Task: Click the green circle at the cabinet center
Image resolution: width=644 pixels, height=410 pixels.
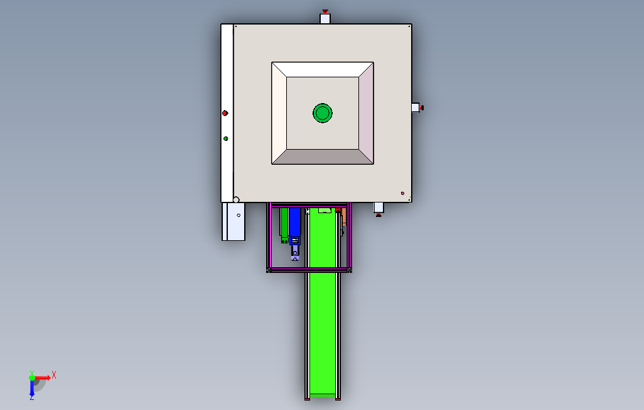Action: pyautogui.click(x=323, y=113)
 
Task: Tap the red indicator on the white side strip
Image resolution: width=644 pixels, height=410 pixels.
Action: pyautogui.click(x=225, y=113)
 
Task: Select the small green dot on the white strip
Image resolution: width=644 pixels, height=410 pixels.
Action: pyautogui.click(x=225, y=139)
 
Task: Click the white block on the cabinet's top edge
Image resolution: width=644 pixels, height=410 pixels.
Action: pyautogui.click(x=325, y=18)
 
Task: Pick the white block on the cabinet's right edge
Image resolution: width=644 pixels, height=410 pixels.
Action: pyautogui.click(x=416, y=108)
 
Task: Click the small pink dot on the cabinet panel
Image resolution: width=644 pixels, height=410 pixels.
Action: pyautogui.click(x=402, y=193)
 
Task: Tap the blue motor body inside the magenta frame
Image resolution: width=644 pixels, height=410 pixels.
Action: pyautogui.click(x=295, y=222)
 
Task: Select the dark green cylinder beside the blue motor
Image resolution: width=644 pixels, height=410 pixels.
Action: pyautogui.click(x=284, y=224)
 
